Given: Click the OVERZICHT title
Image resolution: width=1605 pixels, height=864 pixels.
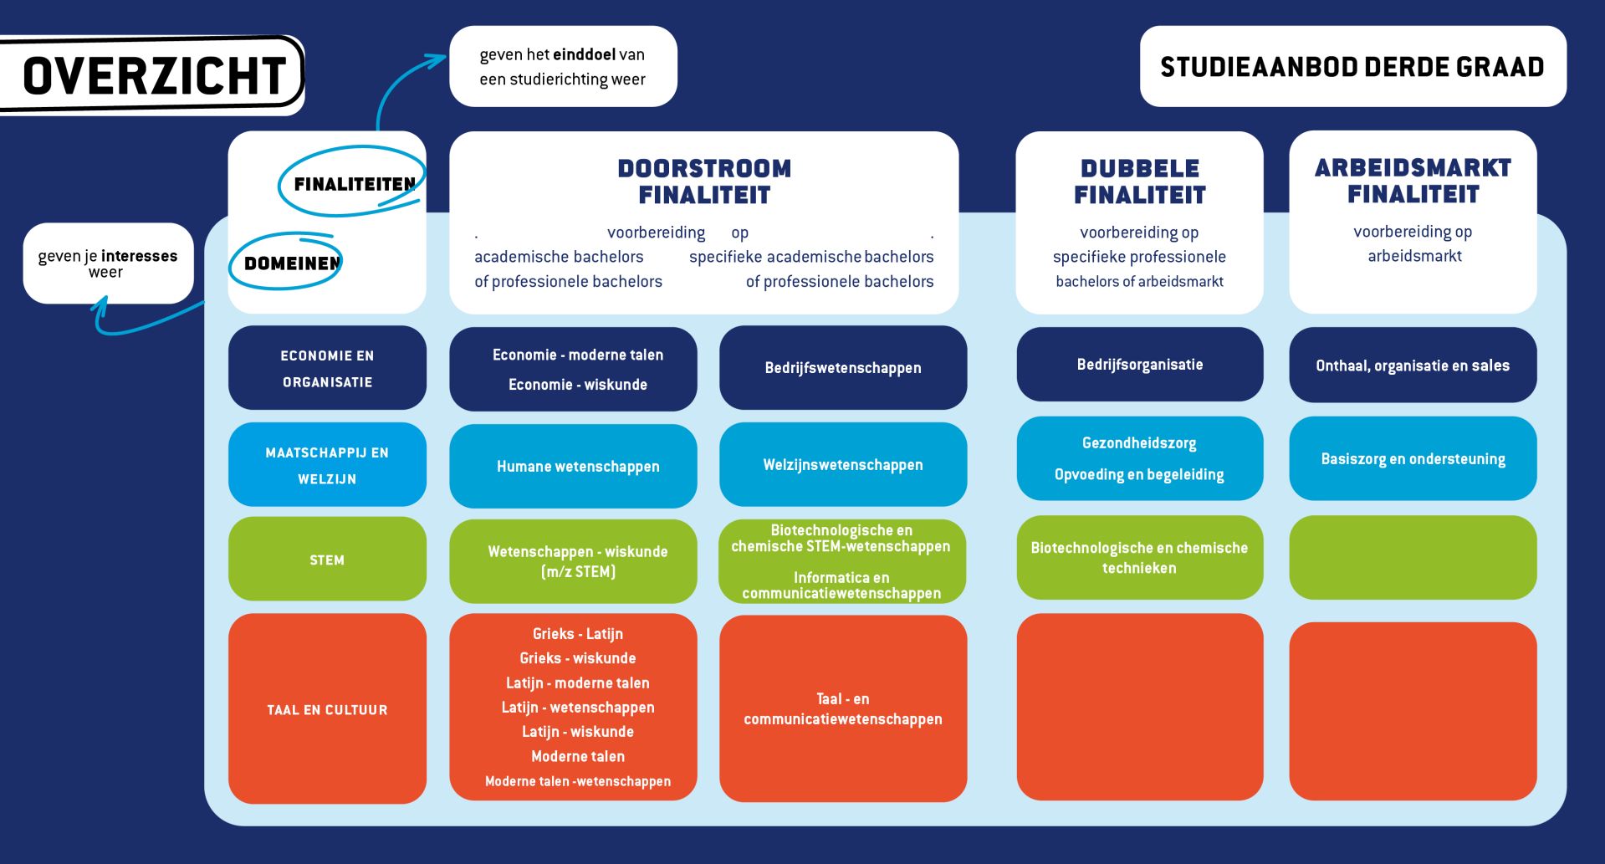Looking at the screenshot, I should click(155, 75).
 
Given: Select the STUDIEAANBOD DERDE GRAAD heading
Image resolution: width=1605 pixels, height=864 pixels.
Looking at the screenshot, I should click(1352, 67).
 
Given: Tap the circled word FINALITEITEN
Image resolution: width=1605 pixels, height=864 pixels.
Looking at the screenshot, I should click(355, 184).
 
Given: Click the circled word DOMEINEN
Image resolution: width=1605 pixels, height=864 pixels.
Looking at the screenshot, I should click(292, 263).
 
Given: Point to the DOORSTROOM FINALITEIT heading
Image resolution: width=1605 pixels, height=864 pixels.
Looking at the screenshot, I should click(704, 181).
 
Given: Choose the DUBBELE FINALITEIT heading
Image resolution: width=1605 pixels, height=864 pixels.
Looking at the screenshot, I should click(1139, 181).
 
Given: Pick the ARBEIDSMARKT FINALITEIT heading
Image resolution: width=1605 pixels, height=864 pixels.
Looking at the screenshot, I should click(1413, 181).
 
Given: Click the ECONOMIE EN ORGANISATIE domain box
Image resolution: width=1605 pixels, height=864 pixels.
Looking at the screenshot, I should click(327, 368).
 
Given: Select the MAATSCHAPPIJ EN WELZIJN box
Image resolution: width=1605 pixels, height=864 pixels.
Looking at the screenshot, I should click(327, 465).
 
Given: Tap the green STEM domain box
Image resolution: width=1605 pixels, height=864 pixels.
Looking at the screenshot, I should click(327, 560).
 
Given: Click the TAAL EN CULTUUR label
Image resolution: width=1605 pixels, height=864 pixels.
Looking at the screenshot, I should click(327, 710).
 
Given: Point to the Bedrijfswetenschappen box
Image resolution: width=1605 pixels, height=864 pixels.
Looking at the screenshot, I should click(843, 368).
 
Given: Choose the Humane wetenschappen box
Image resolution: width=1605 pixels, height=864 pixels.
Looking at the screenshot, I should click(578, 467).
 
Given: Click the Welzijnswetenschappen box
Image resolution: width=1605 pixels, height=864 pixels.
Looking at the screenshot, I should click(843, 465).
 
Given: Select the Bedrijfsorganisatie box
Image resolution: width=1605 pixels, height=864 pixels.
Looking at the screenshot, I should click(1140, 365).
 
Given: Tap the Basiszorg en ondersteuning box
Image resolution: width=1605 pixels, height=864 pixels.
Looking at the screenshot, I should click(1413, 459).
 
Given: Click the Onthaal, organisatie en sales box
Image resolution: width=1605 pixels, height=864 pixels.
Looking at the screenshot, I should click(1413, 366).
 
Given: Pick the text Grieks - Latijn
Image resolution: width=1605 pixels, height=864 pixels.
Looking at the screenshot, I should click(578, 634).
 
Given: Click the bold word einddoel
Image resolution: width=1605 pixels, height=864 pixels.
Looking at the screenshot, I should click(584, 54).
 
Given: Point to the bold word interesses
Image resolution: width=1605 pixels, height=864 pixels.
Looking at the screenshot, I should click(139, 256).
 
